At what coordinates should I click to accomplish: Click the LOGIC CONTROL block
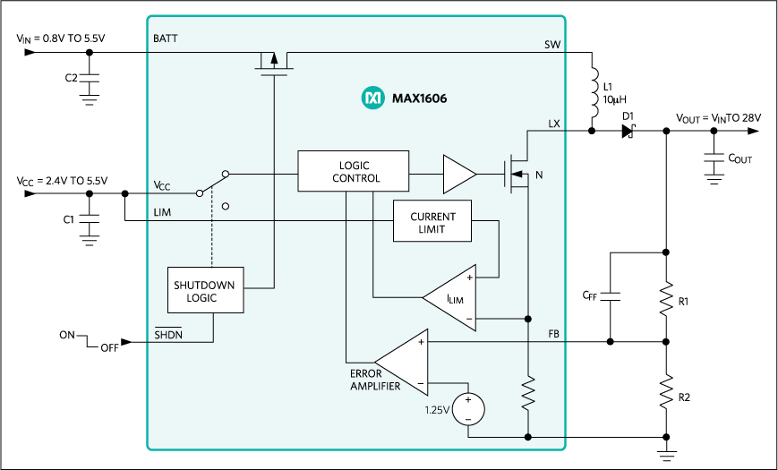coord(353,172)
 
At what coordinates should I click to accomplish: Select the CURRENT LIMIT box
coord(432,223)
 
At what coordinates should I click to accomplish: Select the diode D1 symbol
coord(628,131)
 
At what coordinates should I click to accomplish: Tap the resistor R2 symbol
coord(665,391)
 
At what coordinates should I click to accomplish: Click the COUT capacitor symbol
coord(714,158)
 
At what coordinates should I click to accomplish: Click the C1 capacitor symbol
coord(88,218)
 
